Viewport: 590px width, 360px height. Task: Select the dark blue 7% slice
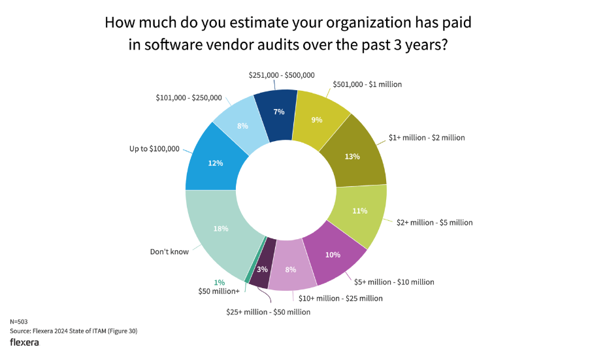(x=276, y=111)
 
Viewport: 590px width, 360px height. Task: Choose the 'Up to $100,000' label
(x=154, y=149)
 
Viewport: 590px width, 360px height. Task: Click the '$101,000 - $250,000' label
(x=189, y=98)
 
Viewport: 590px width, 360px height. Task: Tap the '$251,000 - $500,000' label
(x=282, y=76)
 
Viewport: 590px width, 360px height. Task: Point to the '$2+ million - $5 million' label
(x=434, y=223)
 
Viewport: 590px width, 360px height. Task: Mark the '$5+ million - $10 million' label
(x=394, y=282)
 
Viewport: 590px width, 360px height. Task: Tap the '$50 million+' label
(x=218, y=291)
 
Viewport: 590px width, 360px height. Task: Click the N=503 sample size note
(x=19, y=322)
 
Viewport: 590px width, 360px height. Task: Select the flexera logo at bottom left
(x=24, y=342)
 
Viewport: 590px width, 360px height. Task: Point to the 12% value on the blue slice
(x=216, y=163)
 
